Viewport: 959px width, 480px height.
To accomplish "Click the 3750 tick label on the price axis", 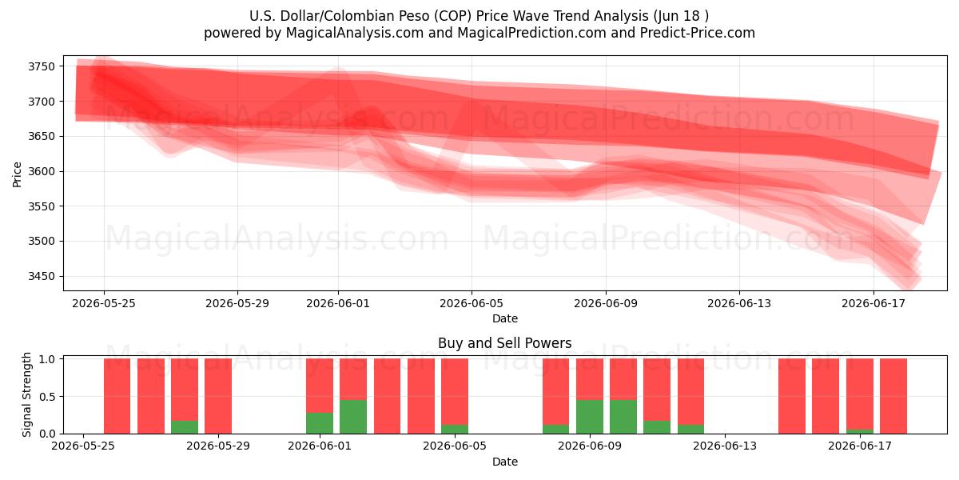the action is (42, 66).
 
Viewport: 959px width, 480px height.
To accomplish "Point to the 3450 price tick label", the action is (42, 276).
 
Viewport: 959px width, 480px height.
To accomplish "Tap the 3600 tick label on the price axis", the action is (42, 171).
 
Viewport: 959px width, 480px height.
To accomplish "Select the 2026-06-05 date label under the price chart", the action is (472, 303).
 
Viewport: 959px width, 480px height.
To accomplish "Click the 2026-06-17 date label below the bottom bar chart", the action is (860, 446).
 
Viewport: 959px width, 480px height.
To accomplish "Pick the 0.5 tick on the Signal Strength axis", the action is (47, 397).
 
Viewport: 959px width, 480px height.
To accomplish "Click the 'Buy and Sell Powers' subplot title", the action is (505, 343).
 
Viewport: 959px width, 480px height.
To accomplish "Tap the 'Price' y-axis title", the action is (17, 174).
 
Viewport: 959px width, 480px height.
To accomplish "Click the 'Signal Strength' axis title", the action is (26, 394).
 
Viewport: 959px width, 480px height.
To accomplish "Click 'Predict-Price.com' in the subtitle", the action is (698, 33).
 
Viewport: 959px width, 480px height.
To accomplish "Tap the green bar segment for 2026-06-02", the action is (353, 417).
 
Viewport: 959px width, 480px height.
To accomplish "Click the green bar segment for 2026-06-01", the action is (320, 423).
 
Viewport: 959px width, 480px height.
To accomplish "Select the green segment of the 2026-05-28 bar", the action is (185, 427).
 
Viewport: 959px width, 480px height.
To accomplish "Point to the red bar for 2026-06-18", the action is (893, 396).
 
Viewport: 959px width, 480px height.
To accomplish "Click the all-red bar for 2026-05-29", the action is (218, 396).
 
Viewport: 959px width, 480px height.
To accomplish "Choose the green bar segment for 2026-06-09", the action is (590, 417).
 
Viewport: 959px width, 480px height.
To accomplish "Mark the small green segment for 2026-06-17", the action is (860, 431).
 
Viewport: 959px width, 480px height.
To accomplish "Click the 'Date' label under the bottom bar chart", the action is (505, 462).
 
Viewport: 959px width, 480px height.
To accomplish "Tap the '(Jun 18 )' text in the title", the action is (681, 16).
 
